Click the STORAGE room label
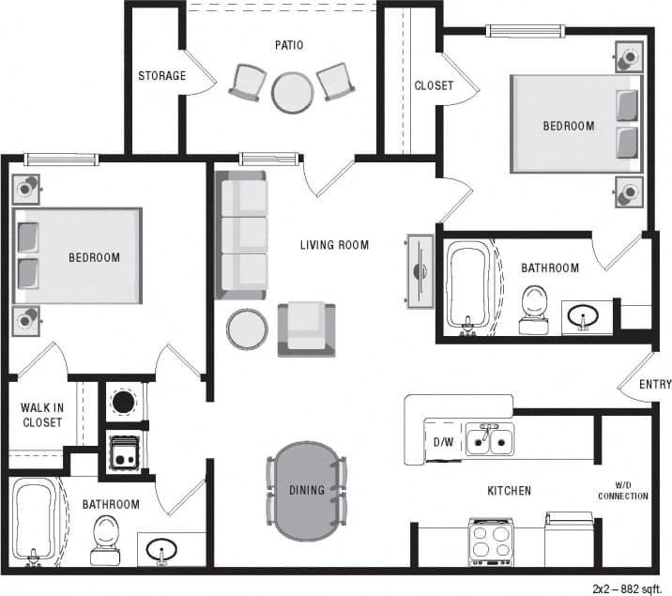[162, 76]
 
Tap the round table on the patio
[292, 93]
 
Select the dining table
[307, 490]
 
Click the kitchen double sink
[490, 439]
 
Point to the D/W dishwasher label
[443, 441]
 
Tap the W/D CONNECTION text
[623, 490]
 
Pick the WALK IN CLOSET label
[41, 415]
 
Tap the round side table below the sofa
[247, 329]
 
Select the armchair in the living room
[306, 329]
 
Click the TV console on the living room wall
[418, 270]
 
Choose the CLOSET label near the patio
[434, 85]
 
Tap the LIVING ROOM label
[334, 245]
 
